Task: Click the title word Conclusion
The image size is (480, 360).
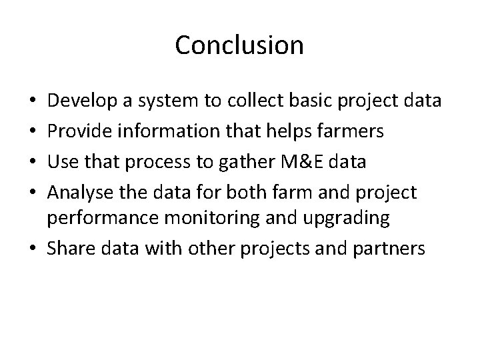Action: [x=239, y=45]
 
